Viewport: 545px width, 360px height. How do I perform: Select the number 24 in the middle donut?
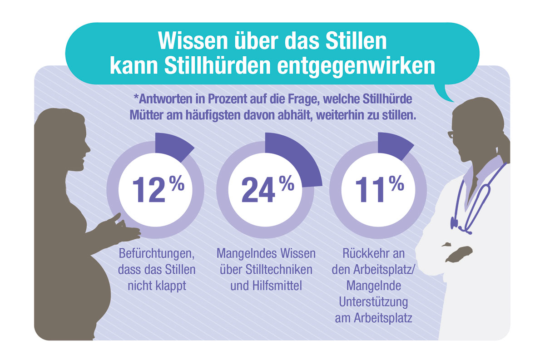[x=258, y=189]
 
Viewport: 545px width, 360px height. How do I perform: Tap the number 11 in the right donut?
[x=372, y=189]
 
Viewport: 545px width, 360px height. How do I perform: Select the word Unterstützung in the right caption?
[x=373, y=302]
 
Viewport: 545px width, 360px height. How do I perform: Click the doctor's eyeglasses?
[x=451, y=135]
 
